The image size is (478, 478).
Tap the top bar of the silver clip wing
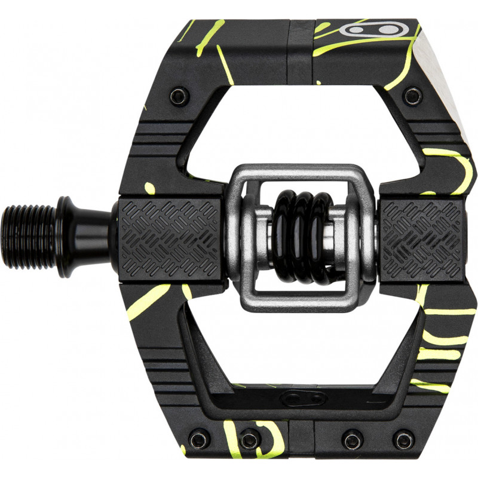(301, 174)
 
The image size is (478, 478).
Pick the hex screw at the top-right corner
(412, 95)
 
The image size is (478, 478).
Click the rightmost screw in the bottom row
(403, 440)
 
